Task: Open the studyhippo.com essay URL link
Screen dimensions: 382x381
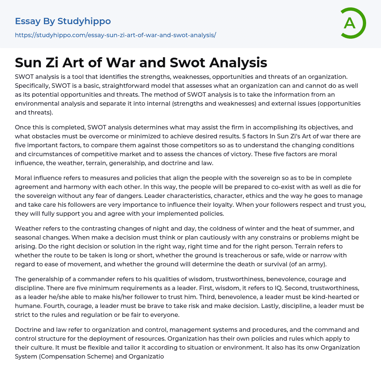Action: click(x=115, y=35)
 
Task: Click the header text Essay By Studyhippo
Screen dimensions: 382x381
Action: click(x=63, y=21)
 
